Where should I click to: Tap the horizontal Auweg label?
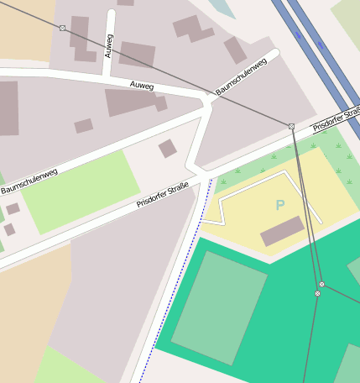(142, 85)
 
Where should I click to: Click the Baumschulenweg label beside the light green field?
(29, 181)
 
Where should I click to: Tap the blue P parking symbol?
(280, 205)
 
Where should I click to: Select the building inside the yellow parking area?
(282, 231)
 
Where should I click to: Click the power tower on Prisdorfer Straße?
(291, 126)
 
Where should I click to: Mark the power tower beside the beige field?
(62, 28)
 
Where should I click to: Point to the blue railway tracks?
(319, 50)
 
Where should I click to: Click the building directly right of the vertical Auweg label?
(137, 54)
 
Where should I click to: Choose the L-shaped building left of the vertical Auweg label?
(82, 39)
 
